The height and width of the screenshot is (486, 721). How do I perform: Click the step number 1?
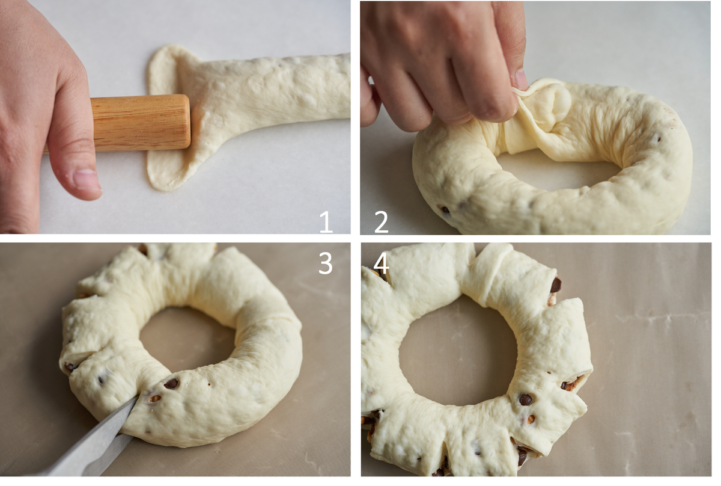(326, 222)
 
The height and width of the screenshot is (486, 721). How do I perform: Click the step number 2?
(382, 222)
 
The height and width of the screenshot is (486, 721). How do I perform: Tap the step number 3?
(326, 263)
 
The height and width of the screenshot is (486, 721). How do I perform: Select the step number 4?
(381, 263)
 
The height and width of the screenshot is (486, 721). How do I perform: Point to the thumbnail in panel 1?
(87, 180)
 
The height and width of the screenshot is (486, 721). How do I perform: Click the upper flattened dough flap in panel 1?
(163, 69)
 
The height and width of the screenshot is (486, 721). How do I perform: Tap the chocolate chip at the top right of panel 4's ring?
(556, 285)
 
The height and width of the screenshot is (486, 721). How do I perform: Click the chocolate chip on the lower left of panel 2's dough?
(445, 210)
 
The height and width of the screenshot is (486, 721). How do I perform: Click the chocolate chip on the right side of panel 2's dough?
(659, 139)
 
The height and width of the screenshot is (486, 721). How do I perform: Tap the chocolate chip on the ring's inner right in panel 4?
(525, 399)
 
